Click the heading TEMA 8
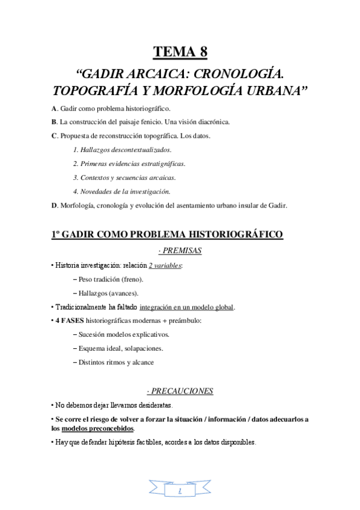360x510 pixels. [x=180, y=52]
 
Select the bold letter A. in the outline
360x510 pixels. [x=55, y=109]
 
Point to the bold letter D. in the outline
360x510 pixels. [x=55, y=206]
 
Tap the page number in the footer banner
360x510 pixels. [x=180, y=491]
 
